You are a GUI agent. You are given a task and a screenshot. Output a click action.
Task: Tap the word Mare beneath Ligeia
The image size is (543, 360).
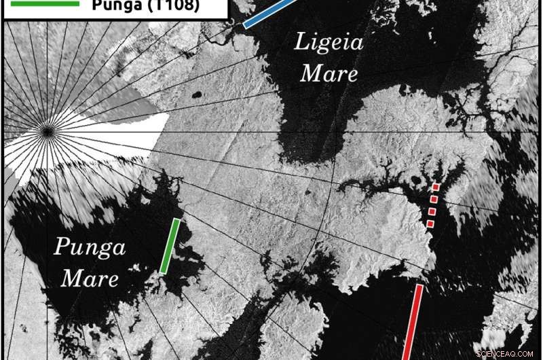pos(329,72)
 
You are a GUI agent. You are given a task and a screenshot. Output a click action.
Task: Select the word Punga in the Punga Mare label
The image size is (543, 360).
pos(90,248)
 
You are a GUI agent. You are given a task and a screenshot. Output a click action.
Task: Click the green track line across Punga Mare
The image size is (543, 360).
pos(170,246)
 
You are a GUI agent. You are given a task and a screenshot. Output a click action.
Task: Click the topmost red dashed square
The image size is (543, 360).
pos(436,187)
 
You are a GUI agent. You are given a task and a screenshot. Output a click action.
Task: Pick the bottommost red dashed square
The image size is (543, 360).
pos(430,223)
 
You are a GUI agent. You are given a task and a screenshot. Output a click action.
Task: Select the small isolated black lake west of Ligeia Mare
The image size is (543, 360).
pos(198,96)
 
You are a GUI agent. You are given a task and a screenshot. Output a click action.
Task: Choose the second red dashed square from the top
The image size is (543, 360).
pos(434,199)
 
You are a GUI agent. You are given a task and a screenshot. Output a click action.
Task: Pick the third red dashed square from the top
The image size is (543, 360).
pos(432,211)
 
